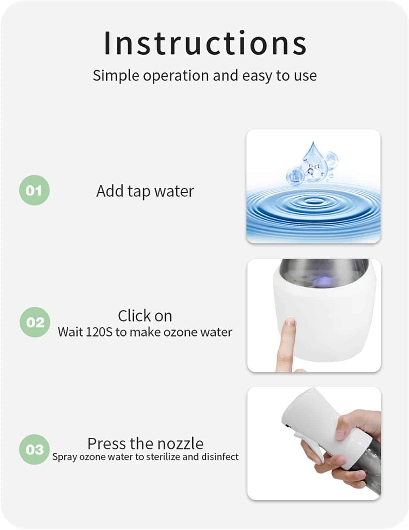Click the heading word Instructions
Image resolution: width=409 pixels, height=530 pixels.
205,43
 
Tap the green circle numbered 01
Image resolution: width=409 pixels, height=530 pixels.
34,190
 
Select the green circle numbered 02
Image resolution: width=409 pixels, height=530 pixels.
35,322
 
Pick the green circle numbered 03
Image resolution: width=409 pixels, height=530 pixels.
34,449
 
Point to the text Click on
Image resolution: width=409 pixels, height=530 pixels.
145,316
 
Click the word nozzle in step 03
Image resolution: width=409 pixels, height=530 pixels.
180,443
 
